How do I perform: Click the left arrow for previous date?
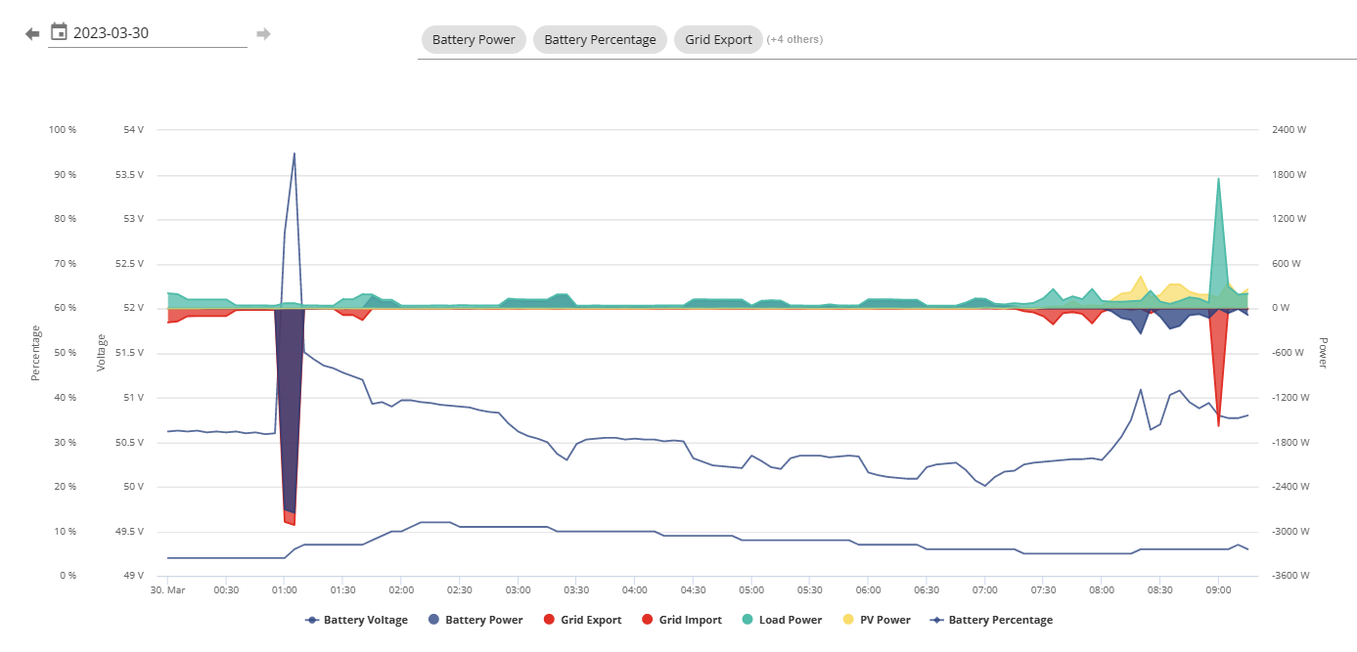32,34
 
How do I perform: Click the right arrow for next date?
263,34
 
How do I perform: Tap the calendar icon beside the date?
59,31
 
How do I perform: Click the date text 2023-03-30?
111,32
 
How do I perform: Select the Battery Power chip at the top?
474,39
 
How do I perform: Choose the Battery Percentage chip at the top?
600,39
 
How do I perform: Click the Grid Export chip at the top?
718,39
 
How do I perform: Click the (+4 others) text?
794,39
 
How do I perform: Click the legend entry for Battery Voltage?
356,620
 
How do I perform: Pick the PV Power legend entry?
877,620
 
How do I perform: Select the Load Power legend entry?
782,620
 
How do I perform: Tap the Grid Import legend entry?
682,620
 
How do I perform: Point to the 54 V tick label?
134,130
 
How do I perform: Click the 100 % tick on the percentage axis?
63,130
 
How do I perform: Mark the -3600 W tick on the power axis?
1290,575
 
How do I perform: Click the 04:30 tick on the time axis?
693,589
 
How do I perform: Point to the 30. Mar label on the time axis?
168,589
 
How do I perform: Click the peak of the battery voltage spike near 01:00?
294,153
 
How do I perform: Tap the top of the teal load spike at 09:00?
1218,179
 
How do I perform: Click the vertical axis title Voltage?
101,352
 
